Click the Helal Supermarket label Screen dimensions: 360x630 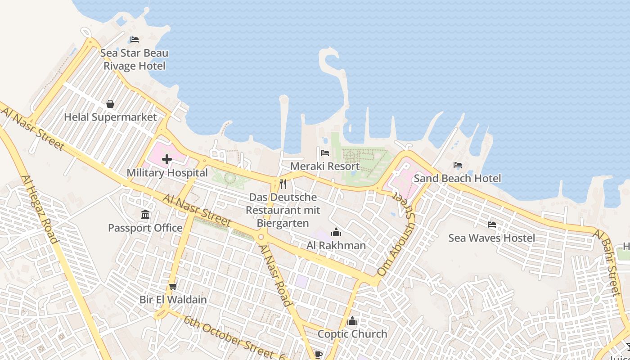110,117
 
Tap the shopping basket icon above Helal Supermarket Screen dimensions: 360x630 110,104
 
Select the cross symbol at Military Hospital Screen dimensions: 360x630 167,159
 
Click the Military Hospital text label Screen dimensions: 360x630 167,173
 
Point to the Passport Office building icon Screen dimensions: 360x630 145,215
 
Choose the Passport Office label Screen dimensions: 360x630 145,228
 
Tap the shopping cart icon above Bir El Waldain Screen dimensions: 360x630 173,286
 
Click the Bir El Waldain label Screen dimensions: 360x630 173,300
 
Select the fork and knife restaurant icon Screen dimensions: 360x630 283,184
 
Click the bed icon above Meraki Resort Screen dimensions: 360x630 325,153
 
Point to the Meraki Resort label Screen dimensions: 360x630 325,166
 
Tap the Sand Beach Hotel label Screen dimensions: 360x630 457,178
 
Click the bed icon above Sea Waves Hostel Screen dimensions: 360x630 492,224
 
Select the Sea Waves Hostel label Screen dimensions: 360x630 492,238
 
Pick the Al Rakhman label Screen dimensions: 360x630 336,246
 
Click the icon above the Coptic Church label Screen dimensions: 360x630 352,321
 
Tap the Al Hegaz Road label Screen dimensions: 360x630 40,209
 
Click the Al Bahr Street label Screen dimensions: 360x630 607,263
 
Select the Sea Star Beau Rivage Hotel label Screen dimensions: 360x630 134,59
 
